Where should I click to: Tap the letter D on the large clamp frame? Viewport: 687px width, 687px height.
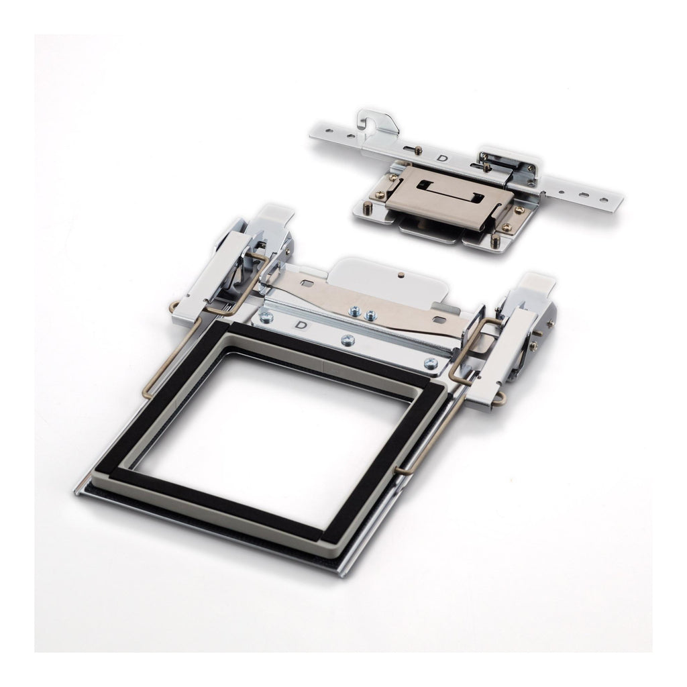pyautogui.click(x=301, y=325)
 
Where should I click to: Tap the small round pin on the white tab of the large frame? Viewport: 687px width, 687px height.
pyautogui.click(x=401, y=275)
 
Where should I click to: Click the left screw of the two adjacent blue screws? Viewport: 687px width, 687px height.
pyautogui.click(x=352, y=311)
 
